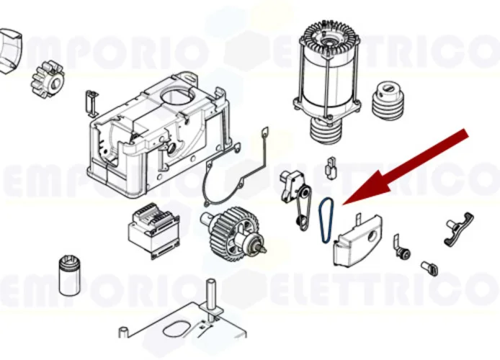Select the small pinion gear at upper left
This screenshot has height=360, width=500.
[48, 78]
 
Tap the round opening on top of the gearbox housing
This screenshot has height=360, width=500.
[176, 93]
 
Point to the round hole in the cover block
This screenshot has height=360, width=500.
[371, 237]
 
